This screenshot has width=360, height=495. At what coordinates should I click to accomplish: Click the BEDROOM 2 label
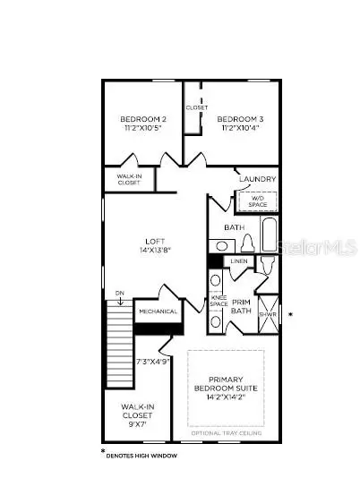[143, 119]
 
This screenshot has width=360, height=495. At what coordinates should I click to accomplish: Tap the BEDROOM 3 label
[240, 119]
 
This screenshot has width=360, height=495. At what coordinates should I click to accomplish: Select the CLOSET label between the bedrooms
[197, 107]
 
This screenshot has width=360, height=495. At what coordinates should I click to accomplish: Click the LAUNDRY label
[258, 179]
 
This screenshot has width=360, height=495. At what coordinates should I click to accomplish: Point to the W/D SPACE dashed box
[258, 201]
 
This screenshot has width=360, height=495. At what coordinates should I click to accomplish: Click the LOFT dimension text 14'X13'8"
[157, 250]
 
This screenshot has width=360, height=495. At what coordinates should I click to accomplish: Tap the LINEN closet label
[239, 261]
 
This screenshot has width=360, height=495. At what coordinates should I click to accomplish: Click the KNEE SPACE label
[219, 302]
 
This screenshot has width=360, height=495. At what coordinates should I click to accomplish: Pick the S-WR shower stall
[268, 314]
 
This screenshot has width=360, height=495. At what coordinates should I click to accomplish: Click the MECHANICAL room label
[159, 312]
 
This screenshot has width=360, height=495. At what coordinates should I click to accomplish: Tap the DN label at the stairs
[120, 293]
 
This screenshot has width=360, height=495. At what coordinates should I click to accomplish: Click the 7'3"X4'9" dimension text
[153, 363]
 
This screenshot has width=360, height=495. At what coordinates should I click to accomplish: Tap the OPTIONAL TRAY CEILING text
[225, 433]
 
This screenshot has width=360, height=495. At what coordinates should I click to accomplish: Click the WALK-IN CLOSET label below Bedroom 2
[129, 180]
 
